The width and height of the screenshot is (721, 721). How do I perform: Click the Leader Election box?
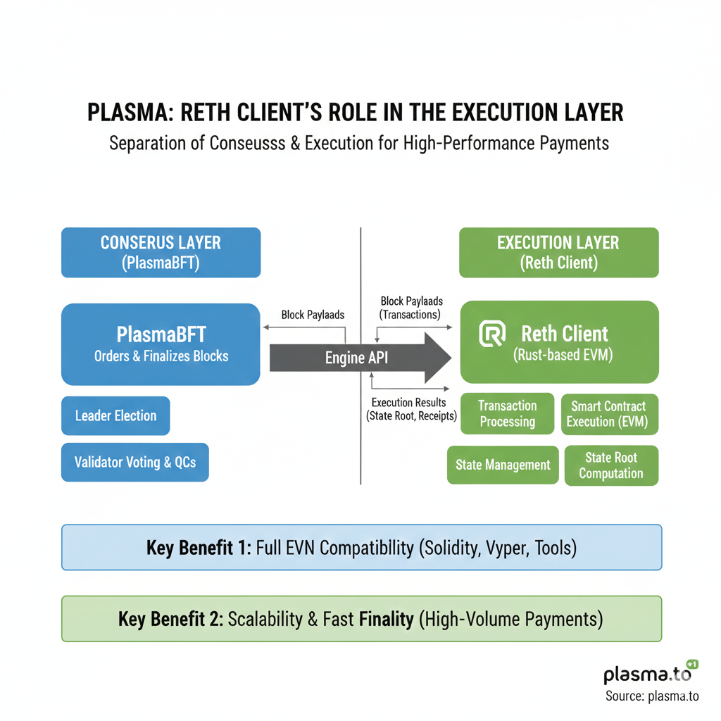coord(115,415)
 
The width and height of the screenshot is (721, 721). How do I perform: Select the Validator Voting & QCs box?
coord(135,463)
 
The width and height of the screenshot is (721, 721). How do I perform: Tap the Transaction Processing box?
coord(507,414)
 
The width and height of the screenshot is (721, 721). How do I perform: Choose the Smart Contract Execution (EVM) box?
coord(610,414)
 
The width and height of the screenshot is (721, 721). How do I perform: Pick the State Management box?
coord(503,465)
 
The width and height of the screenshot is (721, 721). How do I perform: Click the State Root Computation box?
coord(611,465)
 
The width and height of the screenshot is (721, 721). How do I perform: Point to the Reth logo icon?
coord(492,334)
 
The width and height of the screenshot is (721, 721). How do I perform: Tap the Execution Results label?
coord(408,403)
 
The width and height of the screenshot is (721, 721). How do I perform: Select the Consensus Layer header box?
coord(161,252)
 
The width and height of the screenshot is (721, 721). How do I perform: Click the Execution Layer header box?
coord(558,252)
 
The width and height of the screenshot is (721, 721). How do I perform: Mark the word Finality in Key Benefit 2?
coord(386,620)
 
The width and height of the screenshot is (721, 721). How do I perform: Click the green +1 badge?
coord(691,664)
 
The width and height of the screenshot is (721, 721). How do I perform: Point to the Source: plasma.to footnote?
coord(651,696)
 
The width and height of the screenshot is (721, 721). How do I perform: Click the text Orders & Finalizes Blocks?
coord(161,356)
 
